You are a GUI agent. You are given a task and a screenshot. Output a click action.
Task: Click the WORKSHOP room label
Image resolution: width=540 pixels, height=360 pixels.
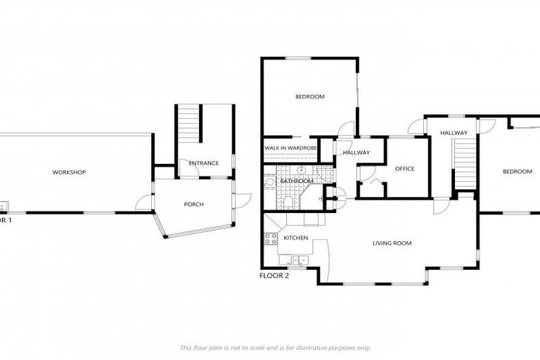(69, 172)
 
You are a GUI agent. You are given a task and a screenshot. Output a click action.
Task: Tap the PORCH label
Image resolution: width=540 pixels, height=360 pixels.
(193, 205)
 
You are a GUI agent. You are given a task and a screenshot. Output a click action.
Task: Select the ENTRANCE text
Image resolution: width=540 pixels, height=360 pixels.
(204, 163)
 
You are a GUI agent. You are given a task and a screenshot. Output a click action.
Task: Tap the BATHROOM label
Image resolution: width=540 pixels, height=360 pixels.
(297, 181)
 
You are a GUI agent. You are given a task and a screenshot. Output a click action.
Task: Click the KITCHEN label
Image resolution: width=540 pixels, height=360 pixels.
(295, 238)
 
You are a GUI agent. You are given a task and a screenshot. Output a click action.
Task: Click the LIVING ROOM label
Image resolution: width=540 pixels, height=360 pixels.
(392, 243)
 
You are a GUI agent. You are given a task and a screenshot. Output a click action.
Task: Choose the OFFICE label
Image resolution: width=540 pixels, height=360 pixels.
(404, 169)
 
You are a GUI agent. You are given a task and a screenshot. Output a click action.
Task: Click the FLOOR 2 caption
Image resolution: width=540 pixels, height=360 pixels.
(274, 276)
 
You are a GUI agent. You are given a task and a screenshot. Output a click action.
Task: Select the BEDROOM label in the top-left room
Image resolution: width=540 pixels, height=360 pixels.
(310, 97)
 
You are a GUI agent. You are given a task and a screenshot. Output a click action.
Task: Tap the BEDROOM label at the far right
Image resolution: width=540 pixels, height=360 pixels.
(517, 172)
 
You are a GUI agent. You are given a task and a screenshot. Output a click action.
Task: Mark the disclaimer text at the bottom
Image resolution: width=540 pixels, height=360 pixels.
(275, 347)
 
